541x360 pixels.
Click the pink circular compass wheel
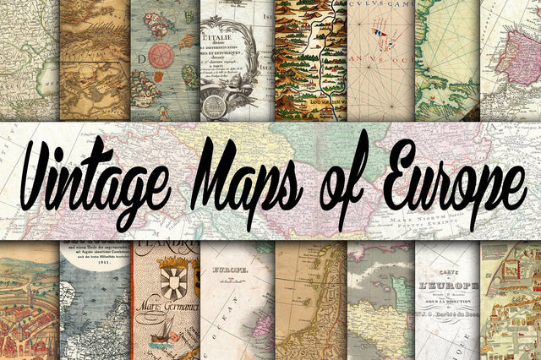[x=161, y=56]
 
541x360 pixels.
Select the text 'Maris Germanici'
[x=166, y=312]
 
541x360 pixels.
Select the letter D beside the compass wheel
[x=139, y=62]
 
